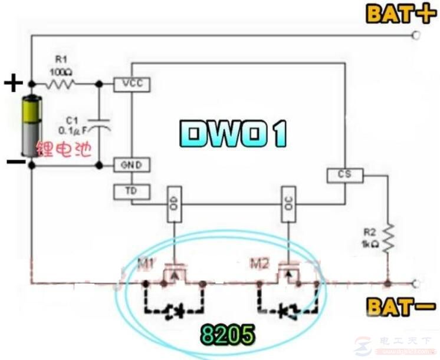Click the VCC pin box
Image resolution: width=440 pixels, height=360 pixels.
[x=132, y=84]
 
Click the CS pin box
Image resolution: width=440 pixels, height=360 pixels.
[x=344, y=175]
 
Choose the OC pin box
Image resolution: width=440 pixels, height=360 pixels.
[x=288, y=204]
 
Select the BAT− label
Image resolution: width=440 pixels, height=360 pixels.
[x=400, y=306]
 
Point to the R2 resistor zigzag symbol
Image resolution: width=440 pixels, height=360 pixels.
[x=388, y=238]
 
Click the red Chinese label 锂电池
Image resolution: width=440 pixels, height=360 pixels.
[x=65, y=150]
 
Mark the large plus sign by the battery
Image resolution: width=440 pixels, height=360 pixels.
[x=12, y=84]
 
